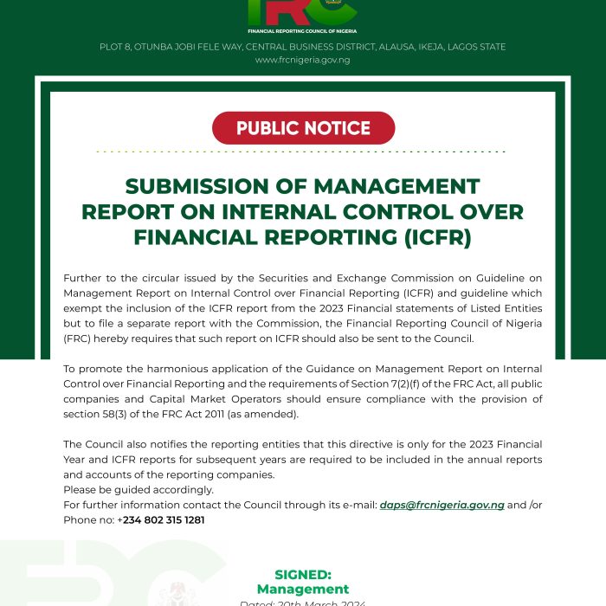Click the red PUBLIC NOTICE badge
303,128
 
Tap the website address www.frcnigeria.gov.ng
302,60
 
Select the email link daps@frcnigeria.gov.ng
442,505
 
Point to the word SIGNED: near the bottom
303,574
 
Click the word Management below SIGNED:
303,590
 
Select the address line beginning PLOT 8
302,47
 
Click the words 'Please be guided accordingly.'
139,490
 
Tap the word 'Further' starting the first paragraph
83,278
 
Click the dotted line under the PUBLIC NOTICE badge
302,152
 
